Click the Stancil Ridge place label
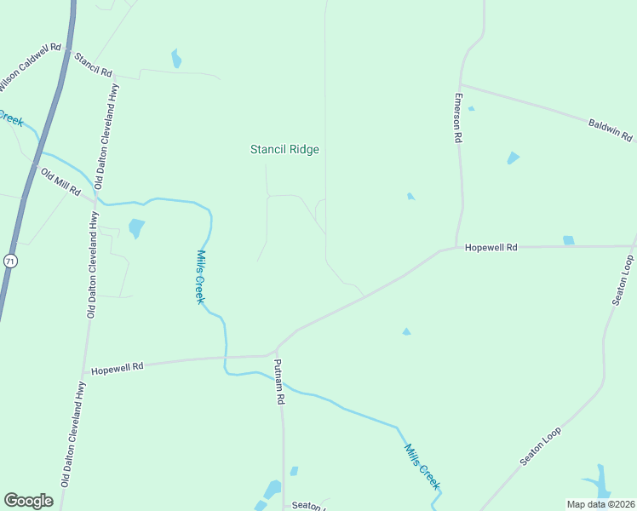[x=284, y=149]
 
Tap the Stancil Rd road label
[x=94, y=66]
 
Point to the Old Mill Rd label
[x=60, y=181]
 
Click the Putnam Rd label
[x=279, y=381]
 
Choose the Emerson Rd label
[x=457, y=117]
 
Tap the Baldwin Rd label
[x=611, y=129]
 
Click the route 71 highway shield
[x=9, y=261]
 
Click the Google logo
[x=28, y=501]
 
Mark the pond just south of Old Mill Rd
[x=135, y=228]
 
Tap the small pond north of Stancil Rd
[x=176, y=59]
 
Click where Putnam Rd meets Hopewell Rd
[x=274, y=352]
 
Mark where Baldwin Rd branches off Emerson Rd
[x=462, y=84]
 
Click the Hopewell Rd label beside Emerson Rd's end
[x=491, y=247]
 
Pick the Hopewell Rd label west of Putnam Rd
[x=118, y=366]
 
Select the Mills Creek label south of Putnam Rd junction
[x=422, y=466]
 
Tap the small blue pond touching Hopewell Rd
[x=568, y=240]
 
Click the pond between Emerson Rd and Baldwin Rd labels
[x=513, y=158]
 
